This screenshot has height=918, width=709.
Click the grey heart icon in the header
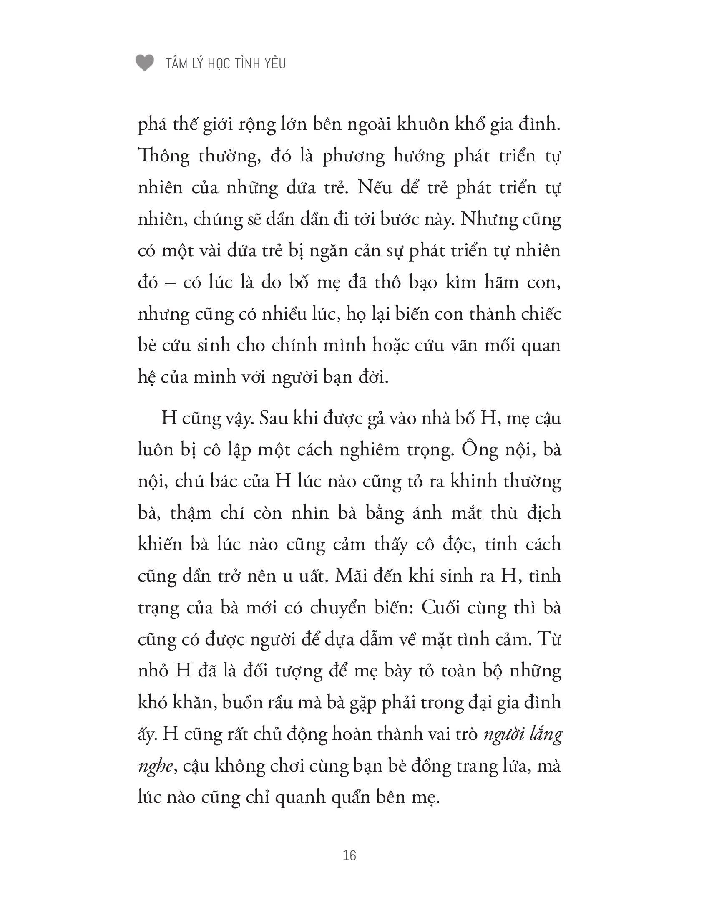point(144,63)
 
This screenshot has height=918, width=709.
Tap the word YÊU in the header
point(273,64)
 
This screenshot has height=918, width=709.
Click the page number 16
point(349,855)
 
